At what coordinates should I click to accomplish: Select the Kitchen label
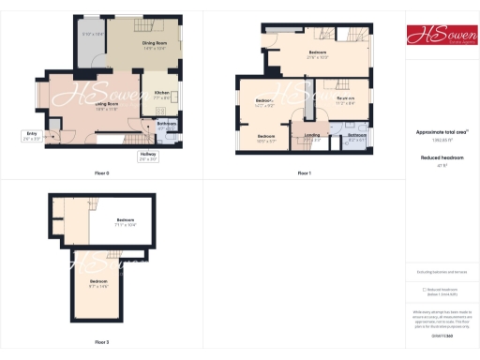click(x=160, y=94)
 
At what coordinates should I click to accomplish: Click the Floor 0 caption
click(x=101, y=173)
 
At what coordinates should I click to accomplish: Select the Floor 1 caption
click(x=303, y=173)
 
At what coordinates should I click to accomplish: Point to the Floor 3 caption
click(x=101, y=341)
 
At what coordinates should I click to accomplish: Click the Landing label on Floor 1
click(x=313, y=137)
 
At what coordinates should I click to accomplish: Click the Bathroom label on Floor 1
click(x=357, y=137)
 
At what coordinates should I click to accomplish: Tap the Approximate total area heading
click(x=440, y=131)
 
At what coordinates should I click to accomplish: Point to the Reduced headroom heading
click(x=440, y=159)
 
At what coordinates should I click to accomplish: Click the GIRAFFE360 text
click(x=440, y=335)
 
